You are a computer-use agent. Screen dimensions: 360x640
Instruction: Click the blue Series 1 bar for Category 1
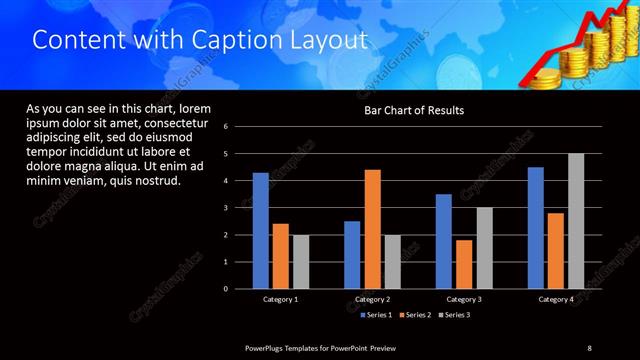pos(260,231)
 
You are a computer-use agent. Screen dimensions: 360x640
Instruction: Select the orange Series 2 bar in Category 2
pos(372,229)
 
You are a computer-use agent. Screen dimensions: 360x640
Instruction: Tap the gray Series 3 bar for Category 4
pos(576,221)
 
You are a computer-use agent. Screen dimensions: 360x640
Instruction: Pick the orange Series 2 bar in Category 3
pos(464,264)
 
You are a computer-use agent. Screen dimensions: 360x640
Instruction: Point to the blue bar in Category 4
pos(536,228)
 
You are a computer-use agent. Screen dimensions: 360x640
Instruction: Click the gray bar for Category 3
pos(484,248)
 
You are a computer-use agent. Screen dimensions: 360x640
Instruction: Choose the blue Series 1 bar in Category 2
pos(352,255)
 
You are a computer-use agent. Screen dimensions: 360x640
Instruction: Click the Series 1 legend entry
pos(375,315)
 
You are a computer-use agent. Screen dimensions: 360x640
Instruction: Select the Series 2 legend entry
pos(414,315)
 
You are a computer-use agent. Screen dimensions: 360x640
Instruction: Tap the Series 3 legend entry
pos(453,315)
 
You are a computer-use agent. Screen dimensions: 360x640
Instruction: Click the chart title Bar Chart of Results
pos(413,110)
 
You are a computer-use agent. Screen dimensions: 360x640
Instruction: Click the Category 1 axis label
pos(280,299)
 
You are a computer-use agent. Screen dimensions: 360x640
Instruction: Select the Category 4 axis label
pos(556,299)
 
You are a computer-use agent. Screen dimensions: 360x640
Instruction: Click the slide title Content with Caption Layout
pos(200,41)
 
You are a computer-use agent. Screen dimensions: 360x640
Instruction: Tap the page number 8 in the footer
pos(589,347)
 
